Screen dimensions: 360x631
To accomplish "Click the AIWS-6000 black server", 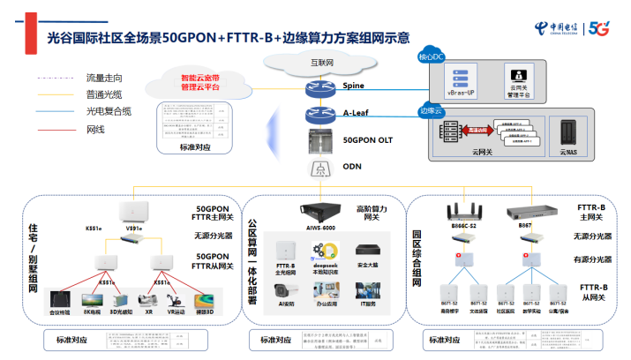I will coord(319,212).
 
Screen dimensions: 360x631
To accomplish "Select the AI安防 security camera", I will coord(285,293).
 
